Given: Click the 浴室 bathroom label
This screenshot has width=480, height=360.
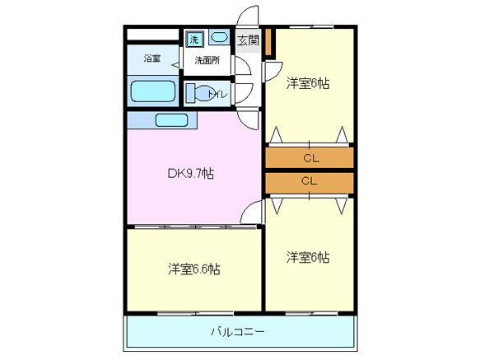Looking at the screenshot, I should (151, 58).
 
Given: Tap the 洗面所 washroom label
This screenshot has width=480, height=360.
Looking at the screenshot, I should (207, 60).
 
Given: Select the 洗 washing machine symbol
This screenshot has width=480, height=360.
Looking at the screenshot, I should (195, 39).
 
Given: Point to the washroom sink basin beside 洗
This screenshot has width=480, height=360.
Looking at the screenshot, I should (219, 37).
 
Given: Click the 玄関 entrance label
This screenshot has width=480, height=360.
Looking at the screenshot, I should (247, 40).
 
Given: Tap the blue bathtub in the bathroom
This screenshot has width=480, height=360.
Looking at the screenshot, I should (152, 91).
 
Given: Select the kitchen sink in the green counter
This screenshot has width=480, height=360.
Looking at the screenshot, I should (172, 120).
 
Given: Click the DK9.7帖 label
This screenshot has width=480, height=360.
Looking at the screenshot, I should (191, 173).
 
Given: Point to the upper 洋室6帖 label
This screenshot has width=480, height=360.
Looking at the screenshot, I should (308, 83).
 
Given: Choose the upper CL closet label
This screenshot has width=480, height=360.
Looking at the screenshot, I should (310, 157).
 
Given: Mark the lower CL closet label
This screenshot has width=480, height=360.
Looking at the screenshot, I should (310, 180).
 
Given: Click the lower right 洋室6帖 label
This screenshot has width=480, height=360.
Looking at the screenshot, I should (308, 257).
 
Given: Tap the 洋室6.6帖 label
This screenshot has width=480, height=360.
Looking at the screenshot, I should (194, 269).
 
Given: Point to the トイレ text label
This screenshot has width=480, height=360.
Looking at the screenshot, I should (217, 94).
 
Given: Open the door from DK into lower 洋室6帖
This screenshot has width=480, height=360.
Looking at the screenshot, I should (252, 212).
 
